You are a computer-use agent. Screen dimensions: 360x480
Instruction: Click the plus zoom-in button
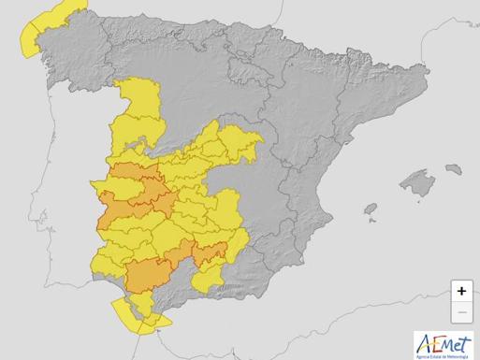(x=461, y=291)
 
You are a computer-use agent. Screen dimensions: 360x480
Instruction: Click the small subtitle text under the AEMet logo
(x=444, y=353)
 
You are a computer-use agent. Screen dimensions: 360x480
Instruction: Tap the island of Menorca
(x=455, y=169)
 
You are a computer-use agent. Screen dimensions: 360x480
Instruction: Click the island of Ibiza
(x=371, y=209)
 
